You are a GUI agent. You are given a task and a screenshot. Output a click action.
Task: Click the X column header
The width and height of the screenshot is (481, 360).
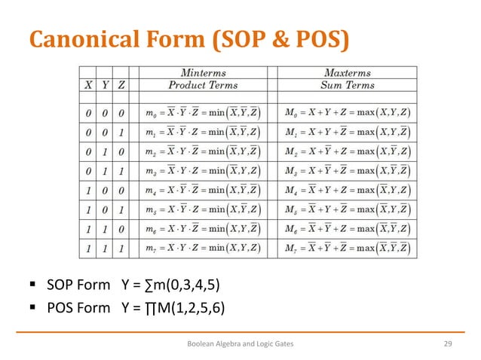(89, 85)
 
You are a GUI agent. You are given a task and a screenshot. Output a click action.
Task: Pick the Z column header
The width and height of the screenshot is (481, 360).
(121, 85)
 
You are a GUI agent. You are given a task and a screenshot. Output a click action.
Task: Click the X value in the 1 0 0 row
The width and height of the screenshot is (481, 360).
(89, 190)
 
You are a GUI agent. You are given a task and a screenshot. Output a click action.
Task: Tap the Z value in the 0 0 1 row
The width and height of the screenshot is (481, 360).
(121, 132)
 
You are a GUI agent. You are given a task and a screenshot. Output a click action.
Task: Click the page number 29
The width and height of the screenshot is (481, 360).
(447, 343)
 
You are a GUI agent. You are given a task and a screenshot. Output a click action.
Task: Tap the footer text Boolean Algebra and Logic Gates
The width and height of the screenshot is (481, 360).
(240, 343)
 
